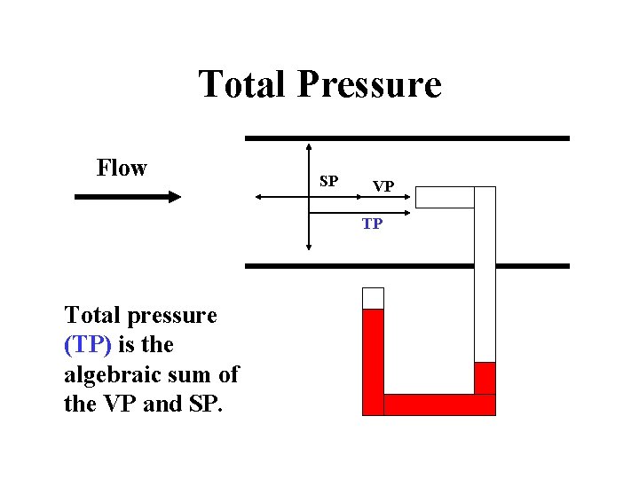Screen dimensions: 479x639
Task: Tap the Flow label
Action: click(122, 168)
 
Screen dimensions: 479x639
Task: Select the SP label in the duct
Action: click(328, 182)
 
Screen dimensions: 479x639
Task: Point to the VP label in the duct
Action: click(383, 186)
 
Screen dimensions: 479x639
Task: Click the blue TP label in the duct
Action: click(372, 224)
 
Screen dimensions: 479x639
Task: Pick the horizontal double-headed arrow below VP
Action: click(360, 211)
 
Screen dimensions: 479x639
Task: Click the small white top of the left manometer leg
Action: click(374, 298)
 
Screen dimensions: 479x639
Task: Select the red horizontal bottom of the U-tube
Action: click(439, 404)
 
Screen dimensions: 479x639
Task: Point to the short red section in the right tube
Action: click(485, 377)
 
